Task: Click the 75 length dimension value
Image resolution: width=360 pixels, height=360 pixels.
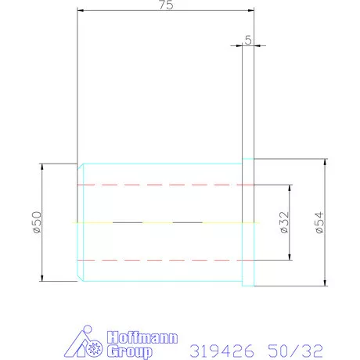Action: click(x=166, y=5)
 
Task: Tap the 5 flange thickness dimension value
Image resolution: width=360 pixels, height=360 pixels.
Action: click(x=248, y=40)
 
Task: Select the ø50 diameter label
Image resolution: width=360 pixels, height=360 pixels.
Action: click(x=37, y=222)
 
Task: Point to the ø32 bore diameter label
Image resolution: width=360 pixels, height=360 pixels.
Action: click(x=284, y=222)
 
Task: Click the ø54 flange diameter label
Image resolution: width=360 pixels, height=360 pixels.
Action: click(x=319, y=222)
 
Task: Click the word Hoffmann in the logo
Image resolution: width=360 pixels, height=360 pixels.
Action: click(x=142, y=337)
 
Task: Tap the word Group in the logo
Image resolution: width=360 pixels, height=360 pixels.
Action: click(x=130, y=351)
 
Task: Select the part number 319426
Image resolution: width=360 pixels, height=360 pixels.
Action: click(x=221, y=351)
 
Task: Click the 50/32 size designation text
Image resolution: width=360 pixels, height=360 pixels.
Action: click(x=295, y=351)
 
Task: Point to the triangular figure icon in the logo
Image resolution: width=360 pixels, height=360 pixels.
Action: click(x=78, y=342)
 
